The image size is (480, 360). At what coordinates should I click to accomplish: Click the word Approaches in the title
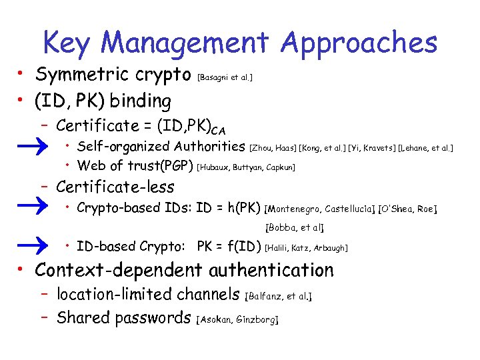[359, 43]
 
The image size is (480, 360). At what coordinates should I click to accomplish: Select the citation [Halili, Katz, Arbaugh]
[306, 248]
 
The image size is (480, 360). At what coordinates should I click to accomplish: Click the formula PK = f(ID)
[229, 247]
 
